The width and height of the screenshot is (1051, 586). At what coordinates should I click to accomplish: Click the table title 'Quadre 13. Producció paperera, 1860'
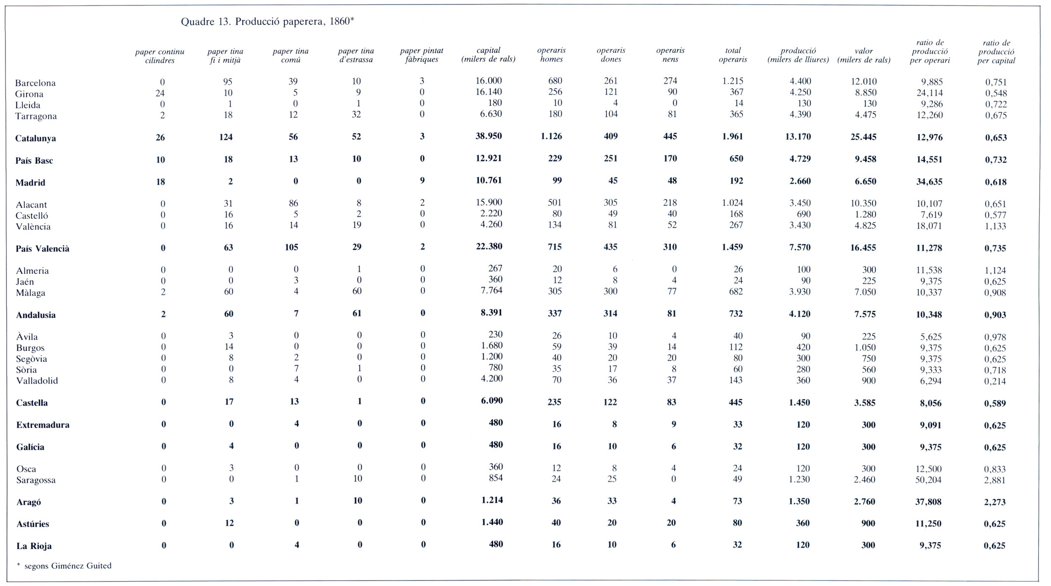pos(267,22)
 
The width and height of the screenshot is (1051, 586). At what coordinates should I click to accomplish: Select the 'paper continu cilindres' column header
pos(160,56)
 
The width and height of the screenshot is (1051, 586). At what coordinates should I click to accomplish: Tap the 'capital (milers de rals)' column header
pos(488,55)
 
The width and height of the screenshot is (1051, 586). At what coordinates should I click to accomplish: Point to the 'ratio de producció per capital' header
pos(996,52)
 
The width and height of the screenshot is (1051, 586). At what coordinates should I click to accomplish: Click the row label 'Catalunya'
pos(36,139)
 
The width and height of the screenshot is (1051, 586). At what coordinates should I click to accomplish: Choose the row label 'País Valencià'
pos(43,249)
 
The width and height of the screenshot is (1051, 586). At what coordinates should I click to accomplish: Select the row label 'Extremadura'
pos(43,425)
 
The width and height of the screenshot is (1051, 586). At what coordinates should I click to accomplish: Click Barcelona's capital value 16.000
pos(489,81)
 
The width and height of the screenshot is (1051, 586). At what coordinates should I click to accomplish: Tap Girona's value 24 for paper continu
pos(160,93)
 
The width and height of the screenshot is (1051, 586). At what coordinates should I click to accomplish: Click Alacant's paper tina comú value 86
pos(293,203)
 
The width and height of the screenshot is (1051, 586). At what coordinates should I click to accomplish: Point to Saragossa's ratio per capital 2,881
pos(995,480)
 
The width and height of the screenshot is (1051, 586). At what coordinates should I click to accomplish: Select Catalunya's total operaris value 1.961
pos(733,137)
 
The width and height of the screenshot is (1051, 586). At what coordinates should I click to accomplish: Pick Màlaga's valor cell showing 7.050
pos(863,292)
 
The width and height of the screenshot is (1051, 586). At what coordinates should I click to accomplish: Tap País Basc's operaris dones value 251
pos(611,159)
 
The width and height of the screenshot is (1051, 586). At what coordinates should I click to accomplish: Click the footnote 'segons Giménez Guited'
pos(68,566)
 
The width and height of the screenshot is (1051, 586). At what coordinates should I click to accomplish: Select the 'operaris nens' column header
pos(670,55)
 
